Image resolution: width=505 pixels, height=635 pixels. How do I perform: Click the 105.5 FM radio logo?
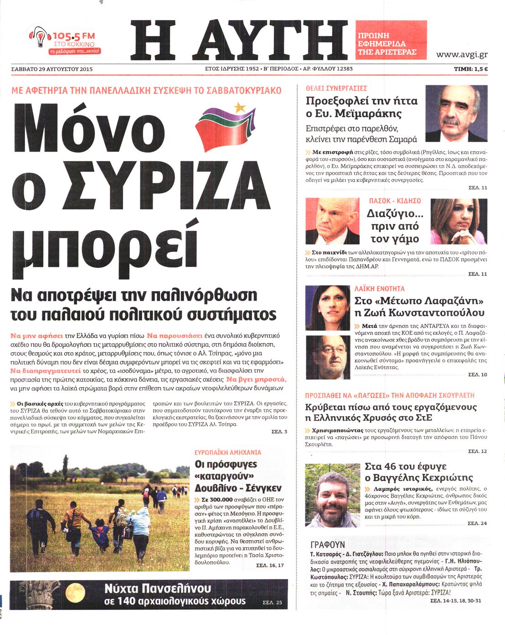[x=65, y=41]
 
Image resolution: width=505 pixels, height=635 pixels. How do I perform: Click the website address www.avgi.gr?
[x=462, y=55]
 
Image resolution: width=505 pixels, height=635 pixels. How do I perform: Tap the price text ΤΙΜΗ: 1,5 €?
[x=471, y=69]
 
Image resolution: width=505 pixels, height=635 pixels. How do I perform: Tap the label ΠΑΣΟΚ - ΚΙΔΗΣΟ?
[x=395, y=201]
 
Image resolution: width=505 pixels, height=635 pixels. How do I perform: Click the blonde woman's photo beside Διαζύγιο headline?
[x=459, y=221]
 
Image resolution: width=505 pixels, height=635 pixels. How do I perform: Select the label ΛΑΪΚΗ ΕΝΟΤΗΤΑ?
[x=380, y=289]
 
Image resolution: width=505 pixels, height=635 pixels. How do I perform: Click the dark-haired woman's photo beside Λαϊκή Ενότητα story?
[x=328, y=308]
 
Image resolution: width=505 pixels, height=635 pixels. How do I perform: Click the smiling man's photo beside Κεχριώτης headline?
[x=332, y=495]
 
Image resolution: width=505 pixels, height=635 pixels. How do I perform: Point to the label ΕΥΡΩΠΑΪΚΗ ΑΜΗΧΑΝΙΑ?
[x=228, y=452]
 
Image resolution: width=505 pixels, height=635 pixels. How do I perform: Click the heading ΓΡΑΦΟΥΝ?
[x=327, y=545]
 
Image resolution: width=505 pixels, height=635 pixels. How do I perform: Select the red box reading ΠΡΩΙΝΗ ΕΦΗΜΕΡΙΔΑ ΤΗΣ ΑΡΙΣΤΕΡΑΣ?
[x=391, y=41]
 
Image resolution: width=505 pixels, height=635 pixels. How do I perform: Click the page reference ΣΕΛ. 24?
[x=477, y=523]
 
